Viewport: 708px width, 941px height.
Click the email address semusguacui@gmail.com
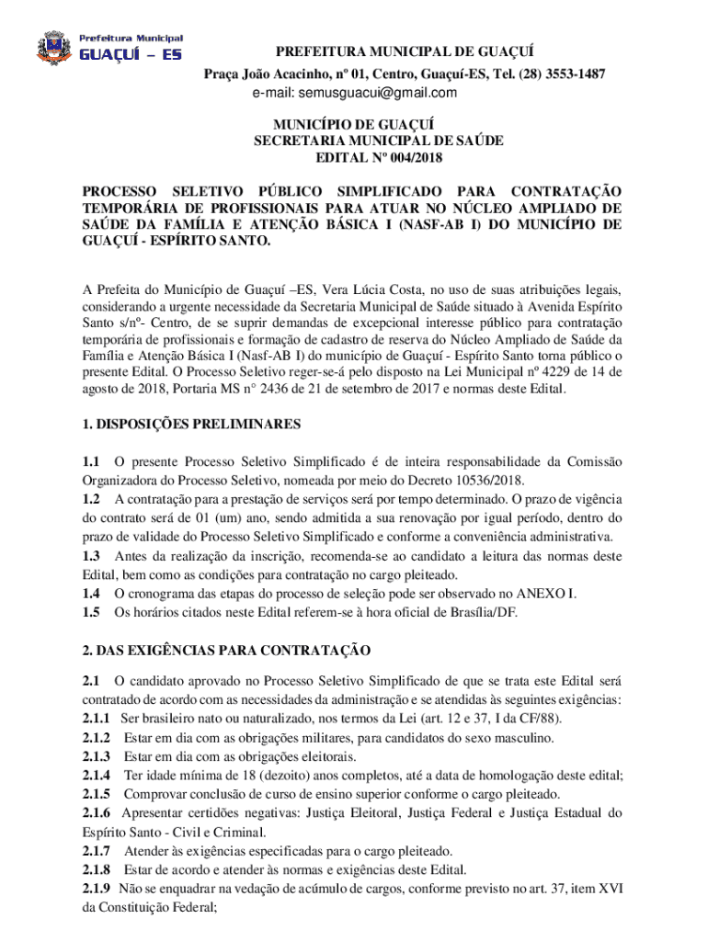355,93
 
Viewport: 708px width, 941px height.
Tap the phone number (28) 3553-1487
561,73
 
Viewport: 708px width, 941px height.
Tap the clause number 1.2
91,499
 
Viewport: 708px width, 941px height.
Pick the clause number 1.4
91,594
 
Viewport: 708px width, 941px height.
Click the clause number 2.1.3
97,756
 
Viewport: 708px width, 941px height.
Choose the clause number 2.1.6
97,812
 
